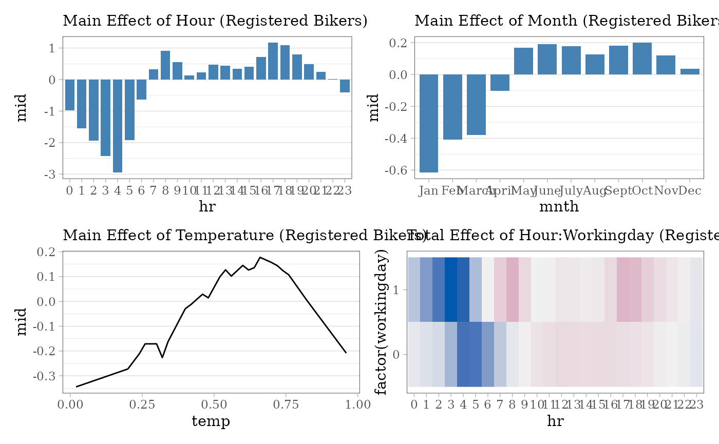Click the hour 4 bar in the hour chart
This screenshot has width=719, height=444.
coord(118,126)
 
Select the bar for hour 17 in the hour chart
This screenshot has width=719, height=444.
coord(273,61)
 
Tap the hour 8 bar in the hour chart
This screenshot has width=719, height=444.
coord(165,65)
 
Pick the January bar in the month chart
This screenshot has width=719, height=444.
coord(429,123)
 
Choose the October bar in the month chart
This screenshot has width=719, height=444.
coord(642,59)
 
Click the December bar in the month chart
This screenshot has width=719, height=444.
coord(690,72)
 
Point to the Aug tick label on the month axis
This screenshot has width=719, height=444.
coord(595,191)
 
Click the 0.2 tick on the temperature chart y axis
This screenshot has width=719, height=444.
coord(47,252)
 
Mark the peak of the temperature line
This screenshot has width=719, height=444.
coord(260,257)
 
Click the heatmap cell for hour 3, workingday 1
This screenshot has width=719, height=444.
coord(451,289)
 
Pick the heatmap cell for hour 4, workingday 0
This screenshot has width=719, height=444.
coord(463,354)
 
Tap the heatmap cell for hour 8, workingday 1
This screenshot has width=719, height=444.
coord(513,289)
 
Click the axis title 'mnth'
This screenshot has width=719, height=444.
coord(559,207)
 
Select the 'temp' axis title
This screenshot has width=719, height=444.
coord(211,421)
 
